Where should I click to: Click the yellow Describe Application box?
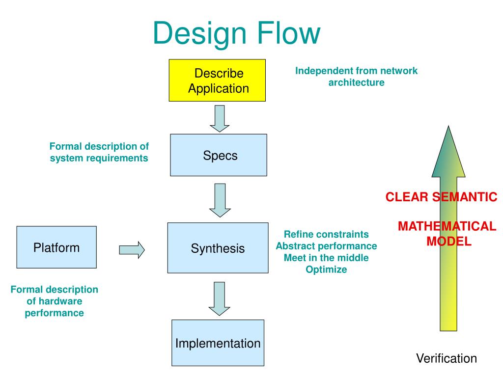pyautogui.click(x=217, y=81)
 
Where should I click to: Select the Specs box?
pyautogui.click(x=219, y=155)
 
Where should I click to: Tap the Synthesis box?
pyautogui.click(x=218, y=248)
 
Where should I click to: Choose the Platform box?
pyautogui.click(x=56, y=247)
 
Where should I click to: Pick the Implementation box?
pyautogui.click(x=218, y=343)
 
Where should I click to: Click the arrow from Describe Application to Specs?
pyautogui.click(x=220, y=119)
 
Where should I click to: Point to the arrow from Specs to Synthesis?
pyautogui.click(x=220, y=200)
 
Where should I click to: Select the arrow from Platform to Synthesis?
pyautogui.click(x=132, y=250)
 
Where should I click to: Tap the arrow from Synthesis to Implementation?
pyautogui.click(x=220, y=299)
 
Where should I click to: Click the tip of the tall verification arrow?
pyautogui.click(x=448, y=126)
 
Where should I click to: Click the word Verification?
pyautogui.click(x=447, y=358)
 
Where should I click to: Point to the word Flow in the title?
pyautogui.click(x=289, y=33)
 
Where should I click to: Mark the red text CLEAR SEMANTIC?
pyautogui.click(x=442, y=197)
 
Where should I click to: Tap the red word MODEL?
pyautogui.click(x=449, y=241)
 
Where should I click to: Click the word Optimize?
pyautogui.click(x=326, y=269)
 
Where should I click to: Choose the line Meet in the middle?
pyautogui.click(x=326, y=258)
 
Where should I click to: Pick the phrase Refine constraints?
pyautogui.click(x=326, y=234)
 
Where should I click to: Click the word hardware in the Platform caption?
pyautogui.click(x=55, y=301)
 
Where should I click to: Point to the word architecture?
pyautogui.click(x=357, y=82)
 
